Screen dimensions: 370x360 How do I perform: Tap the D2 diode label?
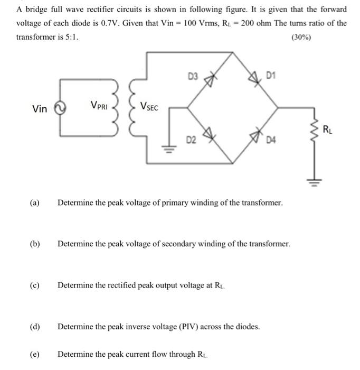tap(191, 140)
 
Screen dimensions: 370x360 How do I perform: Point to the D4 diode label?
tap(271, 140)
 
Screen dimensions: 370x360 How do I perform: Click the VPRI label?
tap(99, 106)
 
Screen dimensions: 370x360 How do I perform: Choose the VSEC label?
tap(149, 106)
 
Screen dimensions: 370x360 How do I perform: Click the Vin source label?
tap(40, 109)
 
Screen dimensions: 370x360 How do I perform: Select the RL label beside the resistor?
tap(327, 128)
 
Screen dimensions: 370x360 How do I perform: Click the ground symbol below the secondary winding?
tap(169, 149)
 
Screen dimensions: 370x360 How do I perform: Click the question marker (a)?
tap(35, 203)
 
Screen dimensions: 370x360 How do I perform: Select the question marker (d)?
tap(35, 327)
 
